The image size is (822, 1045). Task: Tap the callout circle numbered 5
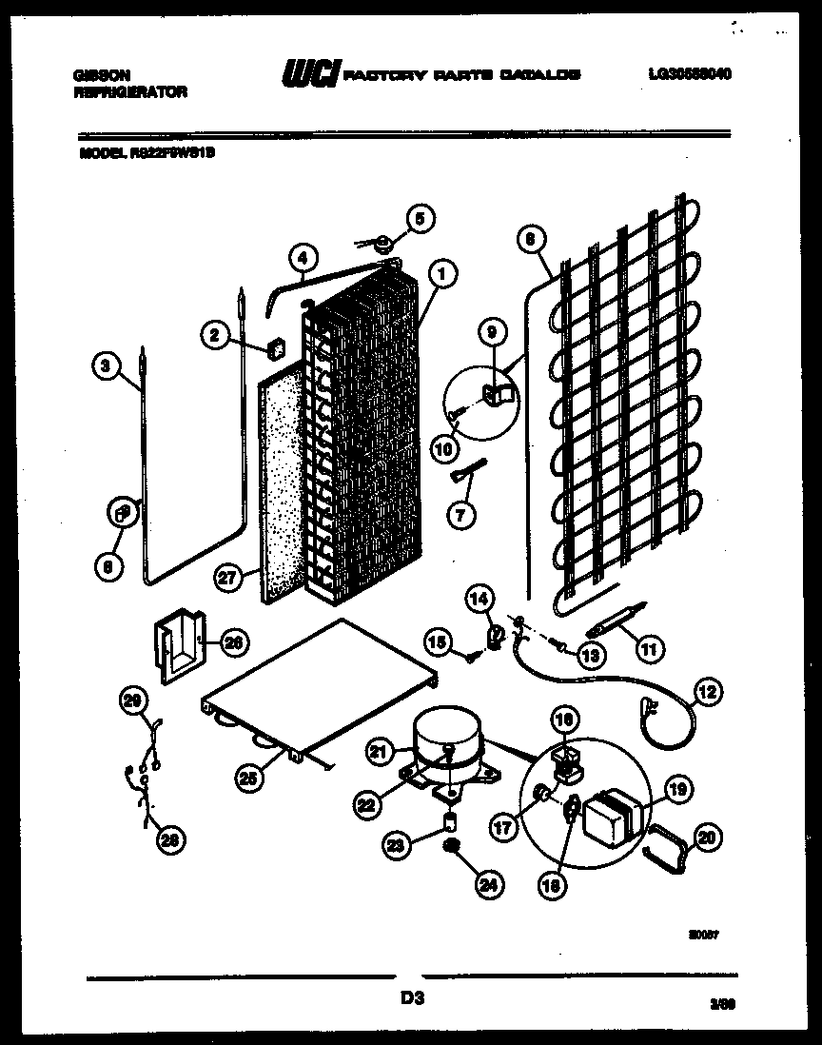[x=419, y=218]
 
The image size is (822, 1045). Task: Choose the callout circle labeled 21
[x=381, y=753]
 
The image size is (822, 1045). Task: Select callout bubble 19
[x=677, y=788]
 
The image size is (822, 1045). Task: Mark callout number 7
[x=461, y=516]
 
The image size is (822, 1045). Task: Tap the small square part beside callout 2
[x=278, y=349]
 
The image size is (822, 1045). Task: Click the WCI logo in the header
[x=310, y=73]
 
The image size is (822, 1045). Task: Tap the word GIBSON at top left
[x=97, y=73]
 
